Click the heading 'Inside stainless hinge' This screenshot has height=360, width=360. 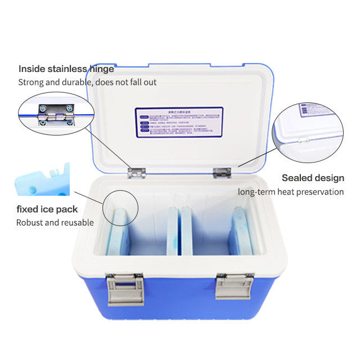(66, 69)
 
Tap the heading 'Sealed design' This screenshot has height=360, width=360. (313, 178)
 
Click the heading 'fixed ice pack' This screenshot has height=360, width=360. (47, 209)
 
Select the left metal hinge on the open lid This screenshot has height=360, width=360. (136, 172)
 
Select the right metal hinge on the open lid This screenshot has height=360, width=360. (222, 173)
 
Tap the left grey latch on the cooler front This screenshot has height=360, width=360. (125, 289)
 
